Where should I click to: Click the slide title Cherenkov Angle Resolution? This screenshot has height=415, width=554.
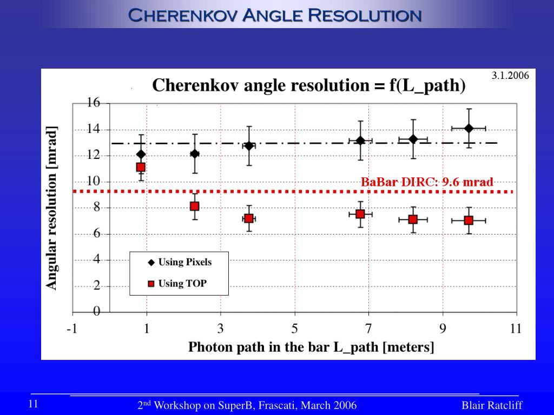tap(274, 15)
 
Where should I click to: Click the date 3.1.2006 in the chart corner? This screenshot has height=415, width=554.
tap(510, 76)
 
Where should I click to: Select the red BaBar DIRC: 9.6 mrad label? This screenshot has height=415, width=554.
tap(427, 182)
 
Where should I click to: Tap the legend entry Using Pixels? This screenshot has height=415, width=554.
tap(184, 263)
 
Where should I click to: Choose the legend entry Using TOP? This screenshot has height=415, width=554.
tap(182, 284)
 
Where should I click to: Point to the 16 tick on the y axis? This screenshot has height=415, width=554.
tap(94, 103)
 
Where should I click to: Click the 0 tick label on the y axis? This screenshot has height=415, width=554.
tap(97, 312)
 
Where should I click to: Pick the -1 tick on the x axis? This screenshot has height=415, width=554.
tap(71, 329)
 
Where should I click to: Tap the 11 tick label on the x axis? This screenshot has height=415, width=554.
tap(515, 329)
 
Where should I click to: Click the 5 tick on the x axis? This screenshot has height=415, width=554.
tap(295, 329)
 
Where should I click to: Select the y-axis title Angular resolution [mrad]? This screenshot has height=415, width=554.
tap(51, 208)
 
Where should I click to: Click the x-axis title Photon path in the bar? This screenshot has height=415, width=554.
tap(311, 347)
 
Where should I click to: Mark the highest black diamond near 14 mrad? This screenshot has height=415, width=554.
tap(469, 128)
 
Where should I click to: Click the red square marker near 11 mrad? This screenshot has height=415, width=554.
tap(141, 167)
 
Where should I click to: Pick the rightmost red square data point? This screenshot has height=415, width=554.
tap(469, 220)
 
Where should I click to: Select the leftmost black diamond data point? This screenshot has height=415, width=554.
tap(141, 155)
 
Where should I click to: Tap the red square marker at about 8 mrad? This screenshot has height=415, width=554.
tap(194, 206)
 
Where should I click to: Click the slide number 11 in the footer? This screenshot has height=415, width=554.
tap(33, 404)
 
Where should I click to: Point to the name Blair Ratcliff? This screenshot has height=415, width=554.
tap(492, 406)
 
